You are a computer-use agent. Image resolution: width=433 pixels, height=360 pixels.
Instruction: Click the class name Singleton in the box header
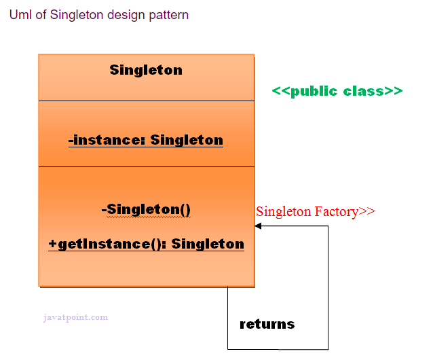(x=146, y=70)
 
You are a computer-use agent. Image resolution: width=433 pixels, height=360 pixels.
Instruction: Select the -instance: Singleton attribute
(x=146, y=140)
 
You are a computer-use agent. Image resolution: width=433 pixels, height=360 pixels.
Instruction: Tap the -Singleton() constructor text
(x=146, y=209)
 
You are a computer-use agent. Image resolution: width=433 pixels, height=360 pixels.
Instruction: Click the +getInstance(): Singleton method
(x=146, y=244)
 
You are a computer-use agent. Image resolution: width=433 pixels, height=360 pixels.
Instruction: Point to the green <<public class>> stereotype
(x=337, y=91)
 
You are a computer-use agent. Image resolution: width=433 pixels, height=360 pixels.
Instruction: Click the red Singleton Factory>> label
(x=315, y=211)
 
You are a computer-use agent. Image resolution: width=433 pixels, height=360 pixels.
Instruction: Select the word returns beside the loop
(x=267, y=324)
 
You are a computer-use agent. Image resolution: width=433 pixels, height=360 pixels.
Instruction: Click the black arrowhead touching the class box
(x=259, y=226)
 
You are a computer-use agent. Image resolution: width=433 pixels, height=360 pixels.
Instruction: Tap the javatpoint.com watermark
(x=75, y=317)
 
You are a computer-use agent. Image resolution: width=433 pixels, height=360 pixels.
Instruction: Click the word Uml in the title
(x=20, y=14)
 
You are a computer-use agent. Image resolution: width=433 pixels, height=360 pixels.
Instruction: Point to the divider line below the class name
(x=146, y=101)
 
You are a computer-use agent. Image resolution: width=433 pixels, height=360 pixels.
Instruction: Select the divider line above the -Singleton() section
(x=146, y=166)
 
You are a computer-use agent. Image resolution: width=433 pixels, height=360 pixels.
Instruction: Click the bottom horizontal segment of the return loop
(x=278, y=349)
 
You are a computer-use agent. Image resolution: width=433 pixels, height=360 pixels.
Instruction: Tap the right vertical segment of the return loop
(x=328, y=285)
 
